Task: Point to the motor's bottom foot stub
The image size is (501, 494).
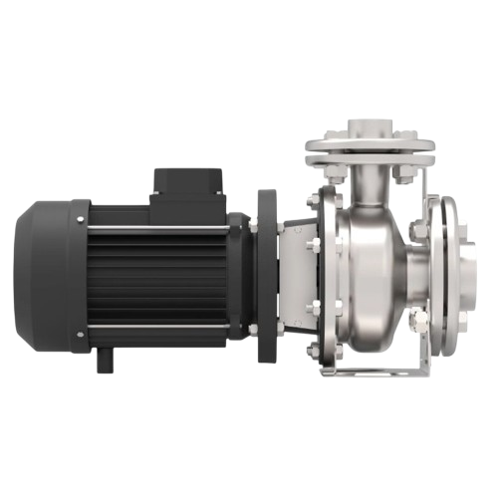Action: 105,359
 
